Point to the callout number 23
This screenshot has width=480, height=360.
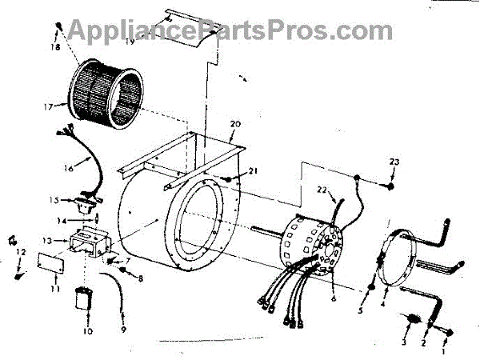pos(394,163)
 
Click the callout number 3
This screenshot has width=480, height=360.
pos(404,342)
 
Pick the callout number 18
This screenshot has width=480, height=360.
pos(55,48)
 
